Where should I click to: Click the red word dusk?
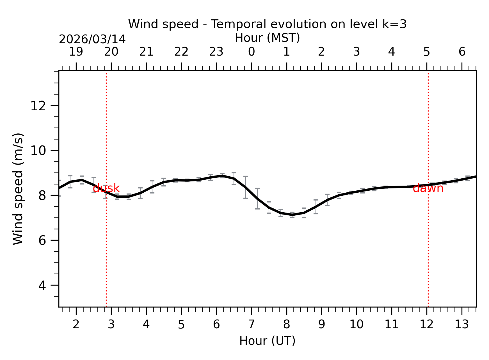click(x=106, y=188)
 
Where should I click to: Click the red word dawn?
click(x=428, y=188)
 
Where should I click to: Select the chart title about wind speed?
click(x=267, y=24)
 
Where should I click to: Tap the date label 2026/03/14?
click(x=92, y=39)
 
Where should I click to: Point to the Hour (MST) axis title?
click(x=267, y=38)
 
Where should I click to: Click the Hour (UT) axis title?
click(x=267, y=341)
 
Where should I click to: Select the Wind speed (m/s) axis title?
click(x=18, y=189)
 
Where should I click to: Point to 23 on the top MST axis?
click(x=216, y=52)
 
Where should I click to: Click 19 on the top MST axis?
click(x=76, y=52)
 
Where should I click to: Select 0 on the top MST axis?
click(x=251, y=52)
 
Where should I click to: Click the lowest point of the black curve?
click(x=292, y=215)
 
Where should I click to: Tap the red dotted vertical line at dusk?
click(x=106, y=253)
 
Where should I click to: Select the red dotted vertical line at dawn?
click(x=428, y=253)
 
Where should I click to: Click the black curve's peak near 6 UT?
click(x=222, y=176)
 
